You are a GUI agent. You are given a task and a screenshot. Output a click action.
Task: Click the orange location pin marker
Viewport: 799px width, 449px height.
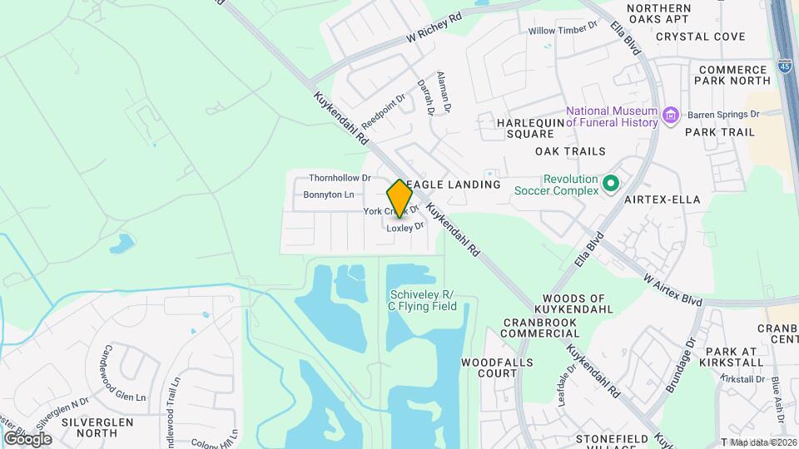click(399, 199)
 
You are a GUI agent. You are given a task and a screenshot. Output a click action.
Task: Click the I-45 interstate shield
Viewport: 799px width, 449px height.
click(786, 65)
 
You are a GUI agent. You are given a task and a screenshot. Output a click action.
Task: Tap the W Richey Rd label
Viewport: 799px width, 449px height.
click(434, 28)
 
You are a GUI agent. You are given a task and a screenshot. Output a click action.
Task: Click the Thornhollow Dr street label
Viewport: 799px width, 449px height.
click(339, 178)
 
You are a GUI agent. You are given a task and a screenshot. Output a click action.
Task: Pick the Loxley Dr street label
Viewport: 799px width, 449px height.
click(405, 225)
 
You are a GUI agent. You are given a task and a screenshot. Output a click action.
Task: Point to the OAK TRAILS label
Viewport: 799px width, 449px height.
click(570, 151)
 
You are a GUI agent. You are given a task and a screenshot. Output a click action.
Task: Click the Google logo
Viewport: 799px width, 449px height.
click(27, 438)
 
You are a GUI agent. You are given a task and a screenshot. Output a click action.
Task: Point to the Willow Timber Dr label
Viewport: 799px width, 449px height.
click(563, 29)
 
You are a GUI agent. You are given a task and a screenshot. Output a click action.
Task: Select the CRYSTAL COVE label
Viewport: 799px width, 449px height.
click(700, 37)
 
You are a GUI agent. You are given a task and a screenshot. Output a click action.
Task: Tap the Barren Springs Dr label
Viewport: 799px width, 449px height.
click(722, 114)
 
